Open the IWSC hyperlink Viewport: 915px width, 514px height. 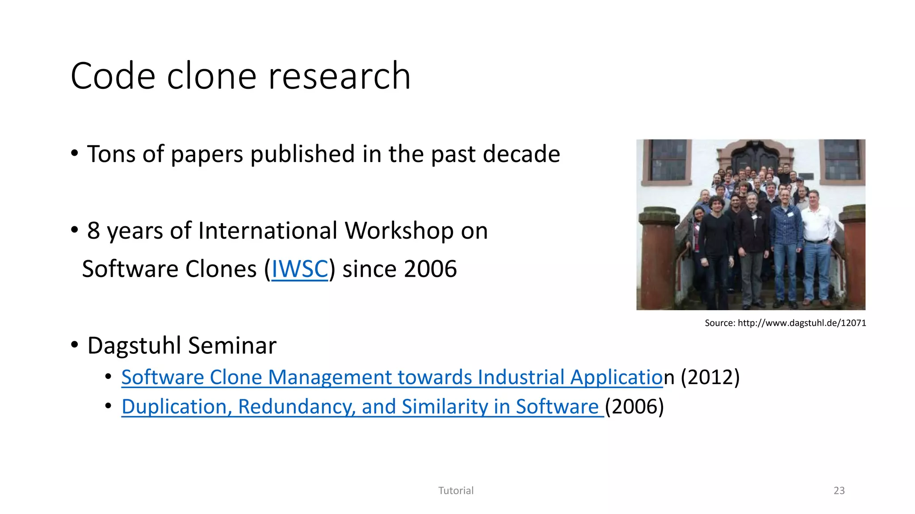[300, 269]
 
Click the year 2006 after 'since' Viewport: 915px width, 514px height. [430, 269]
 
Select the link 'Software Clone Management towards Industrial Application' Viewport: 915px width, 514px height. [392, 377]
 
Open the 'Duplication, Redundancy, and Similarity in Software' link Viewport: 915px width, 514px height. [362, 407]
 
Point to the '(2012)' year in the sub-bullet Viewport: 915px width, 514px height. [710, 377]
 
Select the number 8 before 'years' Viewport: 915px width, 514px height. [93, 231]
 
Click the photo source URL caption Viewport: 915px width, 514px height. [785, 323]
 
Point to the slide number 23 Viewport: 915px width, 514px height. [839, 491]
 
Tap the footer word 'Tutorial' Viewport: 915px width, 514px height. [456, 491]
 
